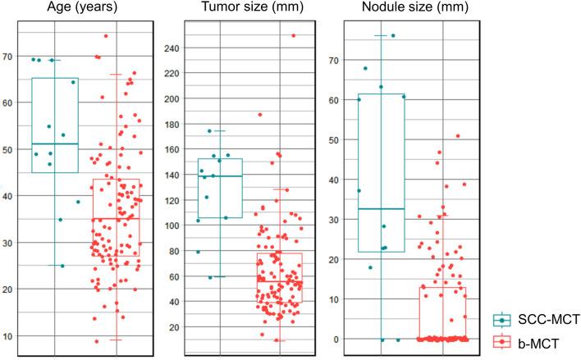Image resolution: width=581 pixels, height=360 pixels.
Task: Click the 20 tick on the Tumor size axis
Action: pyautogui.click(x=171, y=327)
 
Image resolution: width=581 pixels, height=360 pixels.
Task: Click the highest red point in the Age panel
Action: pyautogui.click(x=106, y=36)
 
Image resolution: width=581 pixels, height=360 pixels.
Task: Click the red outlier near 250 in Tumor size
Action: pyautogui.click(x=293, y=35)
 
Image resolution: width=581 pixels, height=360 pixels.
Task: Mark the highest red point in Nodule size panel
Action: pyautogui.click(x=458, y=136)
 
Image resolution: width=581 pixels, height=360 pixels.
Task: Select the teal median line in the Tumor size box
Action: pyautogui.click(x=220, y=176)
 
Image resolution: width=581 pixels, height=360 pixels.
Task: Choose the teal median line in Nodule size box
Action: pyautogui.click(x=382, y=209)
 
